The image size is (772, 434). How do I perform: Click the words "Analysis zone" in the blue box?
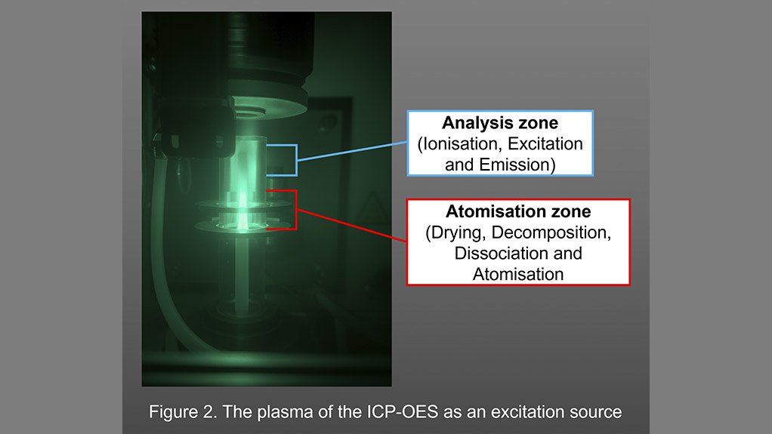point(499,123)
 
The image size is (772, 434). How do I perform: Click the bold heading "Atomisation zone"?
point(518,213)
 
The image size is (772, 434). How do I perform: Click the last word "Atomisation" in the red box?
point(518,274)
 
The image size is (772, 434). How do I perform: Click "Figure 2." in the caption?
point(178,412)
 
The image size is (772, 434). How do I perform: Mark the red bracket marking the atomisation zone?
point(295,209)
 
